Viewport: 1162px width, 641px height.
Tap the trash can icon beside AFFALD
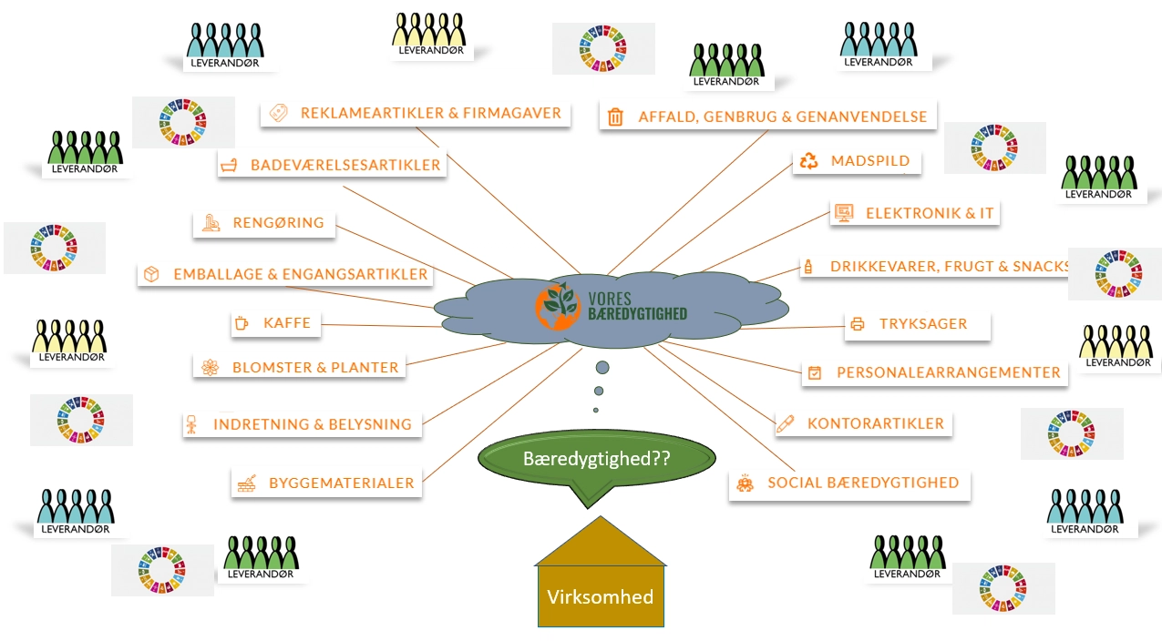[x=616, y=117]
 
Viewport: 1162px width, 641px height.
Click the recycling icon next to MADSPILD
[x=808, y=161]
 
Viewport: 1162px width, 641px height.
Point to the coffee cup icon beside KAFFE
[x=242, y=322]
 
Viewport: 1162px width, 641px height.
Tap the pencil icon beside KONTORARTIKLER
[x=785, y=423]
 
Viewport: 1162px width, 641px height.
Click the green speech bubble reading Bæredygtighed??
[x=597, y=460]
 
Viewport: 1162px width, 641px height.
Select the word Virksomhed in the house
[x=600, y=597]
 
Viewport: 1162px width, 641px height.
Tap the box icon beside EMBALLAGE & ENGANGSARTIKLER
[x=152, y=274]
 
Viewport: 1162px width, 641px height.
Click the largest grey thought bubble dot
[x=602, y=368]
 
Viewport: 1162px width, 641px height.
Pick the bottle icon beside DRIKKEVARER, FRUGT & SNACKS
[x=807, y=267]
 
